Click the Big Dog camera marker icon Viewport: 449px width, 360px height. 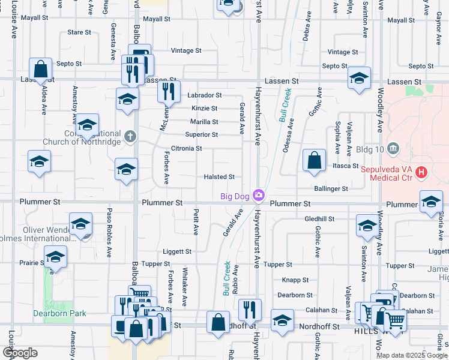point(259,194)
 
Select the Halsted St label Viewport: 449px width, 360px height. point(218,177)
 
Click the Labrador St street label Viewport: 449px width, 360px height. point(204,95)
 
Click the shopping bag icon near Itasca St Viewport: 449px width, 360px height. point(314,160)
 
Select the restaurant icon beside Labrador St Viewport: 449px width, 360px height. point(169,91)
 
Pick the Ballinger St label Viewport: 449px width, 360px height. point(332,188)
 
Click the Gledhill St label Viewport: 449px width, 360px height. point(319,220)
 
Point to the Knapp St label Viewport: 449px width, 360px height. point(295,280)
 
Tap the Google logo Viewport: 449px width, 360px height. point(20,353)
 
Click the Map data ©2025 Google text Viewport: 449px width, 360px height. point(411,355)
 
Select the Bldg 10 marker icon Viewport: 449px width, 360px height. point(393,147)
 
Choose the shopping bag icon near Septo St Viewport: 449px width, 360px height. point(41,69)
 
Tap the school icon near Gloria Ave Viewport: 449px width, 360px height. point(431,202)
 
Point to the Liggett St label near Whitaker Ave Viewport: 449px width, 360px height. point(176,251)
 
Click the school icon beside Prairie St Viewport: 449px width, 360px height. point(55,256)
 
